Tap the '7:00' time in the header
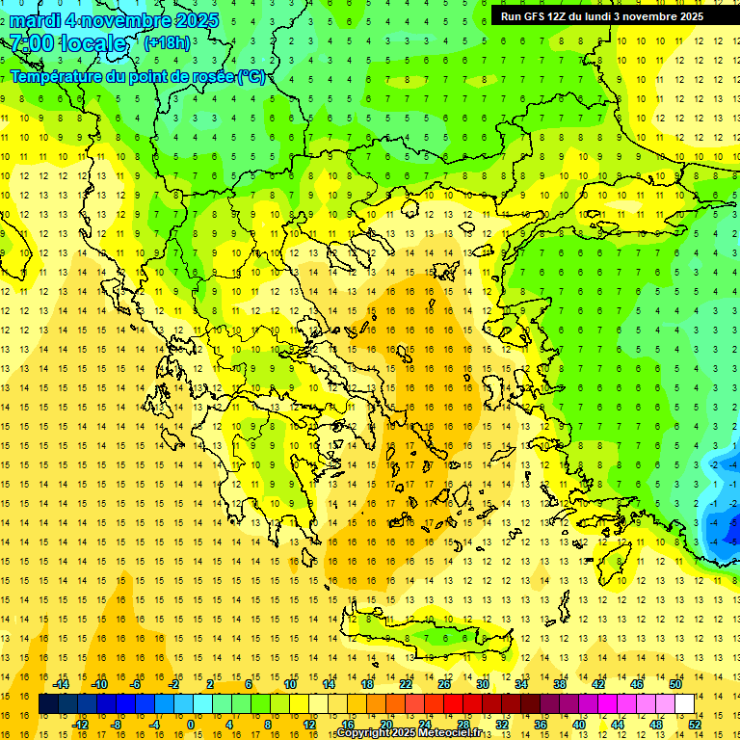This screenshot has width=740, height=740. pos(32,43)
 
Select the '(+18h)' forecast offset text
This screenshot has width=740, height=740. pos(167,42)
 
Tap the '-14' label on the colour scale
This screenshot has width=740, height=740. pos(62,684)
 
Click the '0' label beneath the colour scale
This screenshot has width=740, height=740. pos(191,725)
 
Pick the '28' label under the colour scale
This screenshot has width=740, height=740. pos(463,725)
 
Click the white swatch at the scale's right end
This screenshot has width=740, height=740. pos(684,704)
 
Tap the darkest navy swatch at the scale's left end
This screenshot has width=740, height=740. pos(48,704)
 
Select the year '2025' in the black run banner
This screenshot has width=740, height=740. pos(687,16)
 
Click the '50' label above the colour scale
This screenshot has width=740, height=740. pos(674,684)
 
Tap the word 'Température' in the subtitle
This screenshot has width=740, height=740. pos(54,76)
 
